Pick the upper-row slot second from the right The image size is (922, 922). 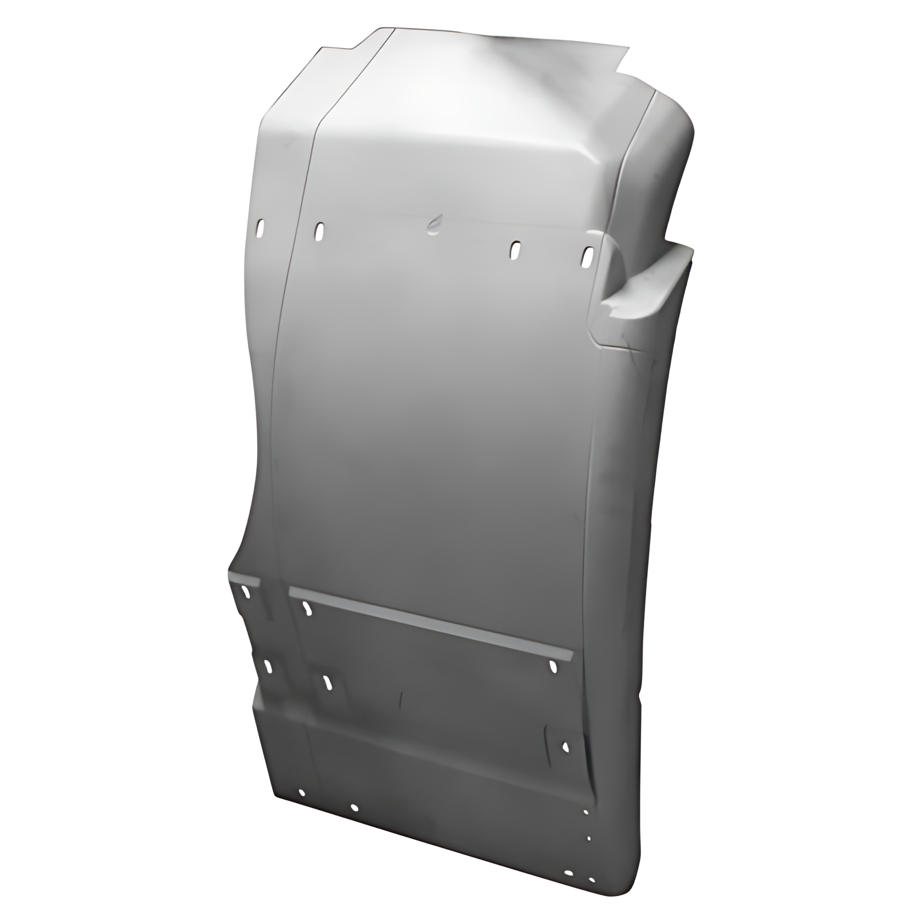[x=515, y=250]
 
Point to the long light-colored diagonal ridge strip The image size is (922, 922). [x=431, y=622]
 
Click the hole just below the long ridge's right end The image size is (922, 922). [x=553, y=666]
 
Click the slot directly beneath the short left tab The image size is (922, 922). [x=244, y=592]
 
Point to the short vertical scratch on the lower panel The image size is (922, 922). [x=402, y=699]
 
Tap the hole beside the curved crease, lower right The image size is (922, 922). [x=566, y=746]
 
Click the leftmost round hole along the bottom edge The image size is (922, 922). [x=301, y=793]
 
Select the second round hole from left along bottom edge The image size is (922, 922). [x=354, y=807]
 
